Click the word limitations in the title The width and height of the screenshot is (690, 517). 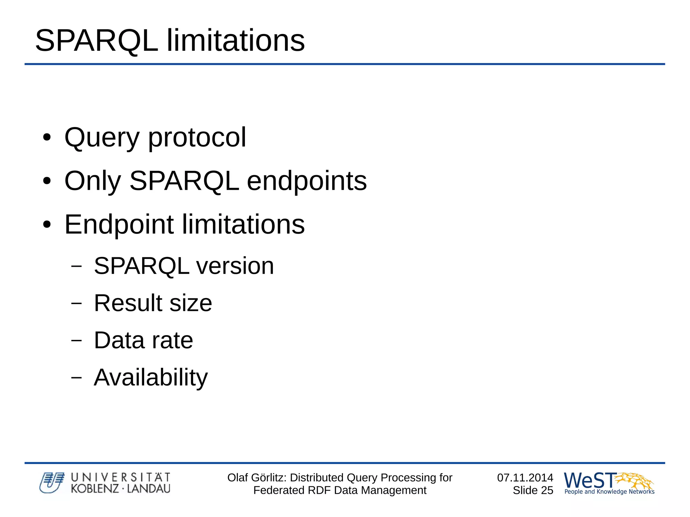tap(236, 41)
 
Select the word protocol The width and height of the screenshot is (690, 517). tap(197, 138)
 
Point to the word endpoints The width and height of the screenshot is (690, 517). tap(307, 181)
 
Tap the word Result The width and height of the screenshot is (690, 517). tap(128, 303)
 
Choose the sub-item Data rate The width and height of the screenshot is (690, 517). tap(143, 340)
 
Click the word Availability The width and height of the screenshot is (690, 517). tap(151, 378)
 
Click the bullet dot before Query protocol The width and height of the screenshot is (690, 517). tap(47, 138)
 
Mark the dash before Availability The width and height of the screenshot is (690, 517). tap(76, 377)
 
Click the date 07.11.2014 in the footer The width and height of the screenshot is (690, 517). tap(525, 478)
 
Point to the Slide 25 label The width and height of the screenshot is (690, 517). tap(533, 490)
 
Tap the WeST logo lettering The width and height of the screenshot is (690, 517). tap(590, 480)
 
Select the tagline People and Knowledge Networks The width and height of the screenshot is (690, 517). tap(609, 492)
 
